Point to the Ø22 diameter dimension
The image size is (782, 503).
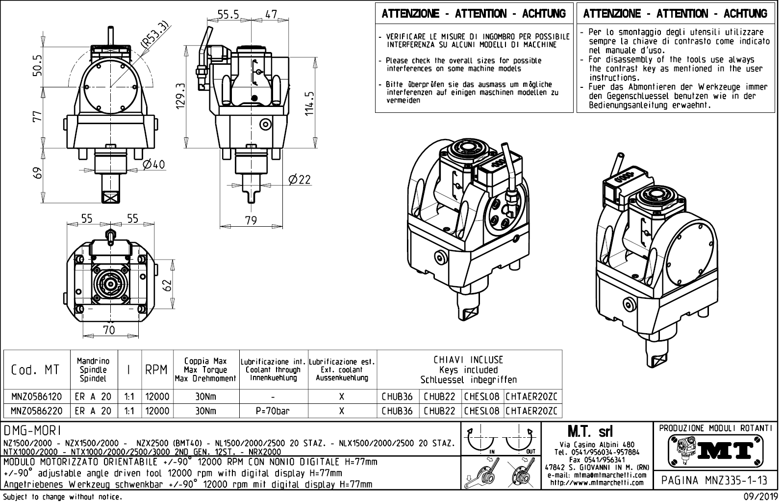(299, 180)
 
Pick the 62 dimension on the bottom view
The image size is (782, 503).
(168, 285)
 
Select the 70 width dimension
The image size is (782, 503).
(109, 330)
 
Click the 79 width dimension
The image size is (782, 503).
(251, 220)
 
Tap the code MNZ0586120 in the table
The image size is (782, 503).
(36, 397)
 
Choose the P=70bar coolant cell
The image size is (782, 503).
(273, 411)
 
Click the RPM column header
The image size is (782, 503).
(157, 370)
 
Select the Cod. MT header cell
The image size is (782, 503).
(35, 370)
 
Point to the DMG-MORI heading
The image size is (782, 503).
(33, 430)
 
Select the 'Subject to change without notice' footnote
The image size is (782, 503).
(62, 497)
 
